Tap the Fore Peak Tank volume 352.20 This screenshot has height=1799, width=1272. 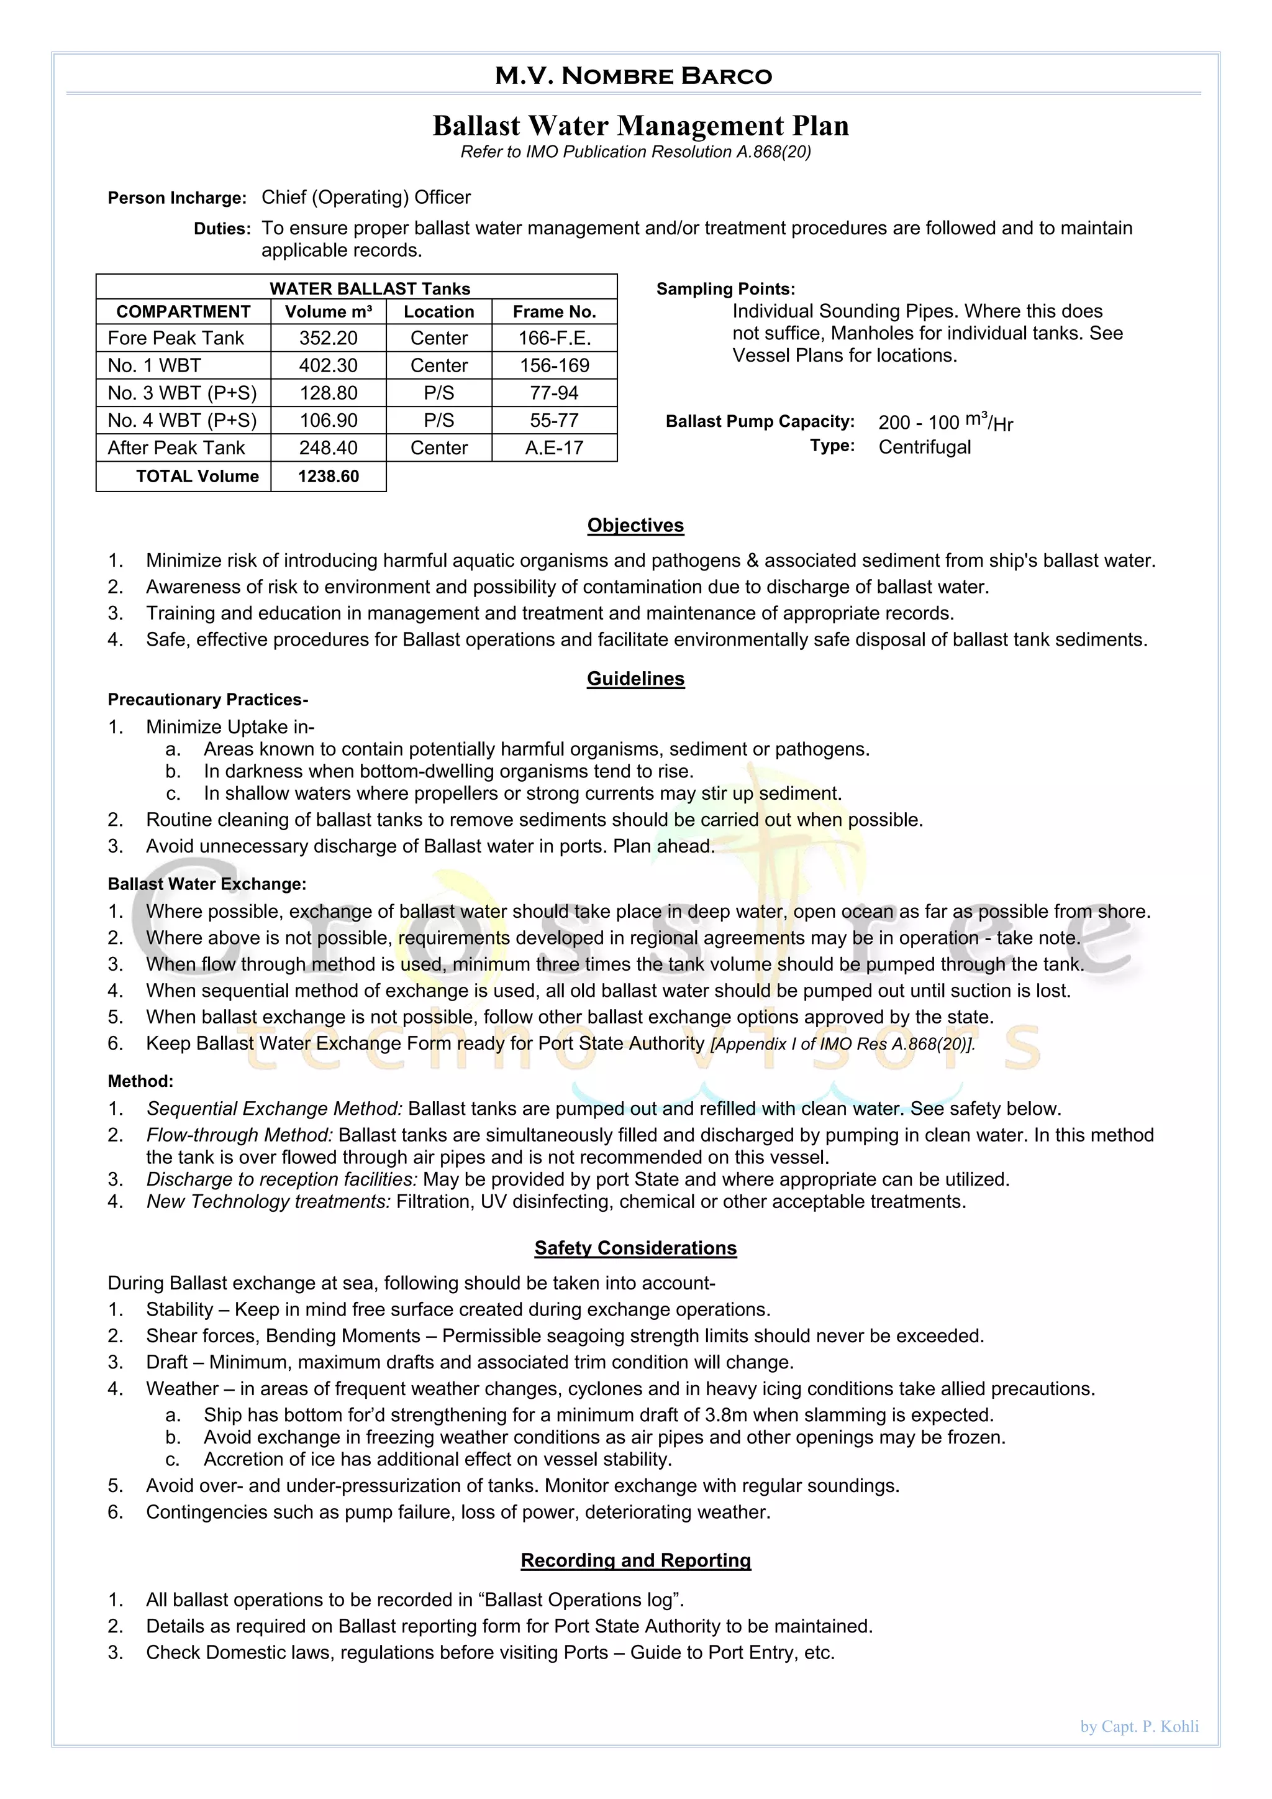click(x=328, y=339)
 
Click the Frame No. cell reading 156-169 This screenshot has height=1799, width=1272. click(x=554, y=366)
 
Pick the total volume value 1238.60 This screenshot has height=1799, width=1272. click(x=328, y=477)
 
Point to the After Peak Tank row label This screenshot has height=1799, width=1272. click(x=176, y=448)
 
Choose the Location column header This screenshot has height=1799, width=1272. click(x=438, y=312)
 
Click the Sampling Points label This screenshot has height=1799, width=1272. click(x=725, y=289)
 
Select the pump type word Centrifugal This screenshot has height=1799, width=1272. click(x=924, y=447)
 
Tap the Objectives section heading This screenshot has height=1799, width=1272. click(x=635, y=526)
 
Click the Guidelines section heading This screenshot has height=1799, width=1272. click(x=635, y=679)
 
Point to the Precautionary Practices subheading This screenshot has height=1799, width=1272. click(x=207, y=700)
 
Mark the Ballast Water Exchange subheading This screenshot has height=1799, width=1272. click(x=207, y=884)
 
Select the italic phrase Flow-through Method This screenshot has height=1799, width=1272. click(x=240, y=1135)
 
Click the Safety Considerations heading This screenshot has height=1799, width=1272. click(x=635, y=1248)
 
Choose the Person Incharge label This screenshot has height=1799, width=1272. click(x=177, y=198)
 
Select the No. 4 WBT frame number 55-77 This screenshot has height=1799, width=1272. click(x=554, y=421)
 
